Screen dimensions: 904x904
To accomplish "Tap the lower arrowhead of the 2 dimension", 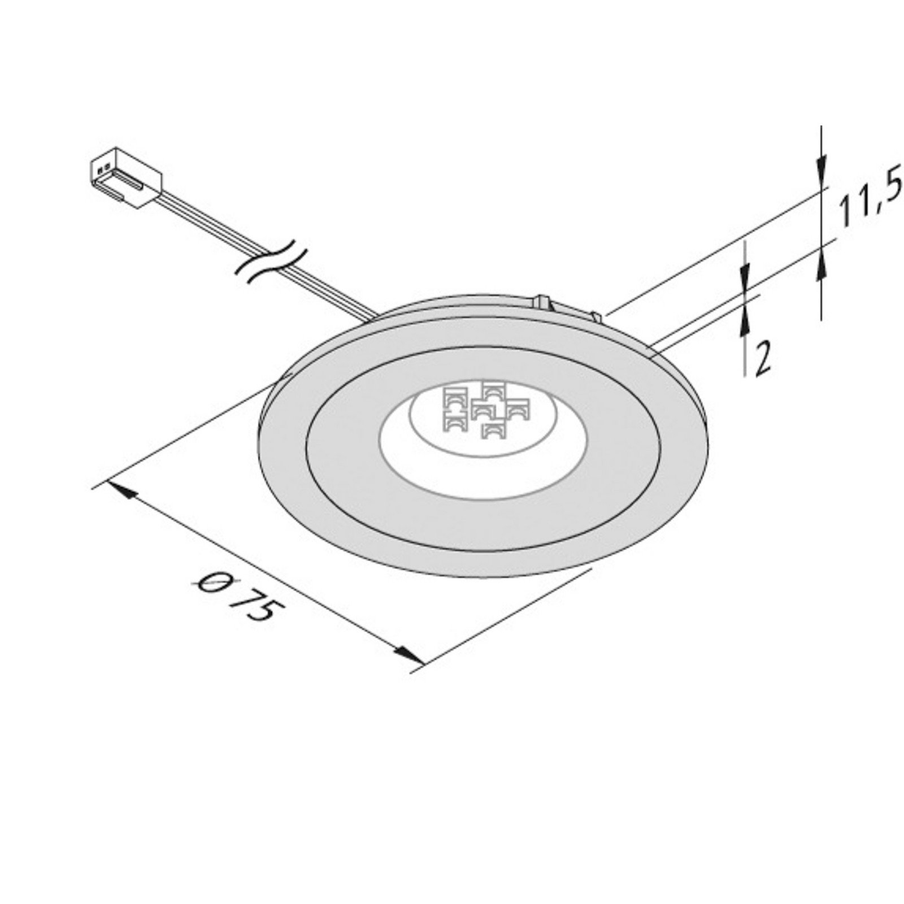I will click(x=745, y=325).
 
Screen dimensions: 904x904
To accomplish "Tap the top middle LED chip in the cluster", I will click(x=493, y=389).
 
